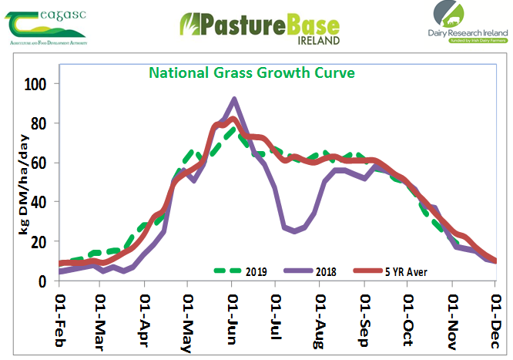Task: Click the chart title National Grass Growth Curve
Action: point(252,73)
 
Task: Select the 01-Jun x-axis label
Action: point(233,318)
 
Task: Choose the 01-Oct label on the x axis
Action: point(407,318)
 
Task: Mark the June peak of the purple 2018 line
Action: point(234,99)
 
